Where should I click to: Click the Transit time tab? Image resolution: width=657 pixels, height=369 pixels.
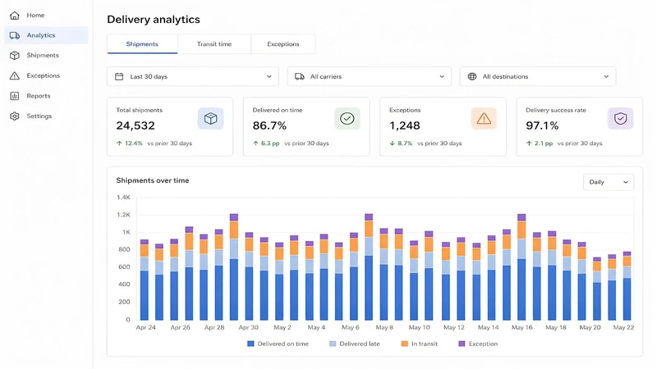(214, 44)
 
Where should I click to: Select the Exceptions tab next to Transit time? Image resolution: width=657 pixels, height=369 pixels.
(283, 44)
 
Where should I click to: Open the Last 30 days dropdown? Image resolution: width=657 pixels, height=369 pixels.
(193, 76)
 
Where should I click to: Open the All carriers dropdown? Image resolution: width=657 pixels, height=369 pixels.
(369, 76)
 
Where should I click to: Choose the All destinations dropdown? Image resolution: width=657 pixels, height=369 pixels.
(538, 76)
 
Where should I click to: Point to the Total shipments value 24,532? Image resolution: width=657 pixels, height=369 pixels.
(136, 125)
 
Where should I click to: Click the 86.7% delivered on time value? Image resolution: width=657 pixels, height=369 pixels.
(269, 125)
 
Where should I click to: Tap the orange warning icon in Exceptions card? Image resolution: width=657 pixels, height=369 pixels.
(484, 118)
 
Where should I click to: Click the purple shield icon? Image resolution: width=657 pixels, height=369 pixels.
(621, 118)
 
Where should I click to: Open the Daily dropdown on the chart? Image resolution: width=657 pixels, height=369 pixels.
(609, 182)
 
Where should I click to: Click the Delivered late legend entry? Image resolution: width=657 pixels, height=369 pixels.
(355, 344)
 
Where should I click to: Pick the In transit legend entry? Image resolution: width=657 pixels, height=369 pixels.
(420, 344)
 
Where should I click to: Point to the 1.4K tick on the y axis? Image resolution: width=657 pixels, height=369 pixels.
(124, 197)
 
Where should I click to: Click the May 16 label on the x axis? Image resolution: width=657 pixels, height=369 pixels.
(521, 327)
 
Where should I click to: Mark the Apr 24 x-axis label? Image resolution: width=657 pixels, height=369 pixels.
(146, 327)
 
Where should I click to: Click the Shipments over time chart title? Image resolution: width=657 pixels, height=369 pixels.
(153, 180)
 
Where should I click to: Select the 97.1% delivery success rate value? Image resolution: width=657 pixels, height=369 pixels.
(542, 125)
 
